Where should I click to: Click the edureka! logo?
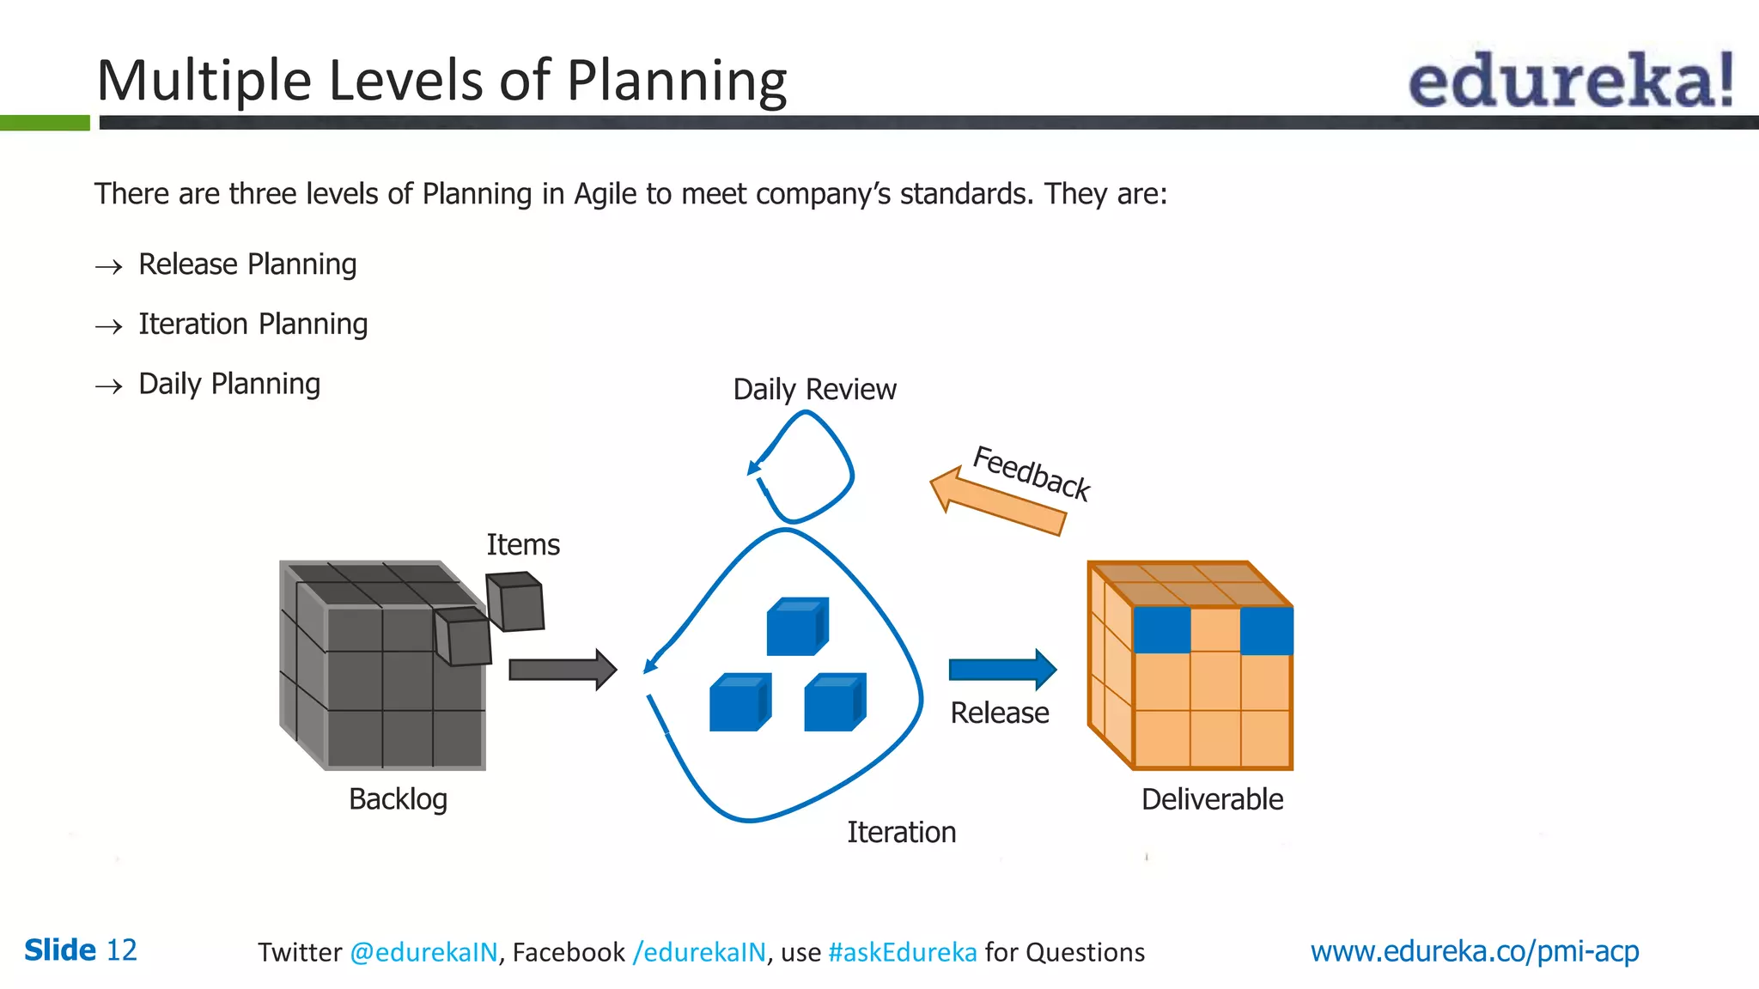(x=1570, y=81)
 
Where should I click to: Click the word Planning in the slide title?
(x=676, y=81)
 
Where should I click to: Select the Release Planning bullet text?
(x=247, y=264)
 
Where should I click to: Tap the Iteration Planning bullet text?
(x=253, y=325)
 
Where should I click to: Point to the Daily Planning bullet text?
(x=229, y=384)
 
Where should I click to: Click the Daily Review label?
(x=814, y=390)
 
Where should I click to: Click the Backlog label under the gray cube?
(x=398, y=799)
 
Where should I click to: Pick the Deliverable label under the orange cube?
(x=1212, y=799)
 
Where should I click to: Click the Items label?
(x=523, y=545)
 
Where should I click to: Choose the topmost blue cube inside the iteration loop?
(x=796, y=627)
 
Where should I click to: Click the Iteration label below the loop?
(x=901, y=832)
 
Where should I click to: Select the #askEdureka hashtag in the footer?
(x=902, y=952)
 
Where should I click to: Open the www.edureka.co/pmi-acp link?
(x=1474, y=951)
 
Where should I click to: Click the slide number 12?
(x=121, y=950)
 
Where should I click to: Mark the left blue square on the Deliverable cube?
(x=1161, y=630)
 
